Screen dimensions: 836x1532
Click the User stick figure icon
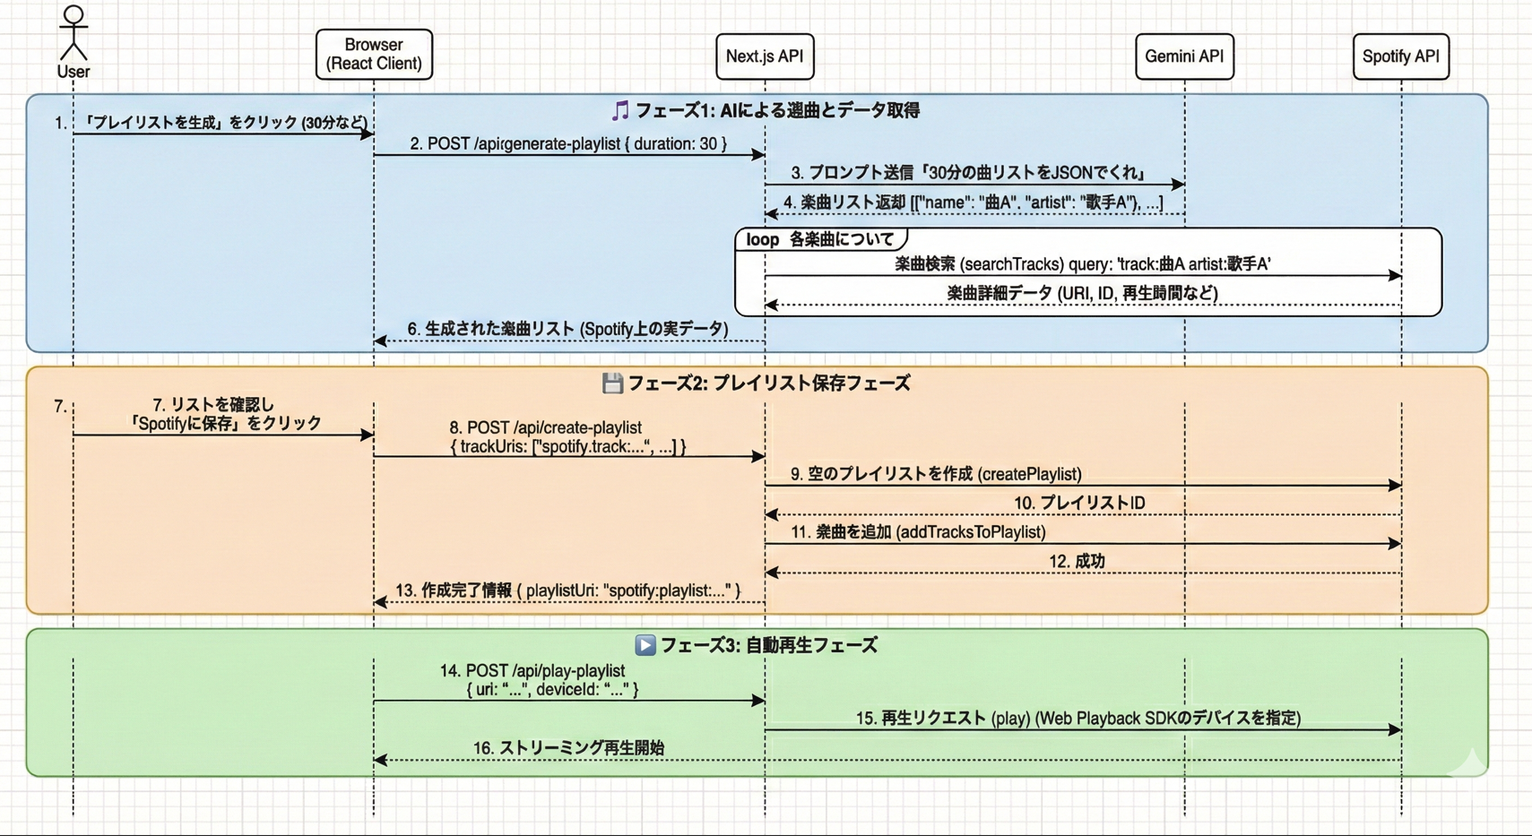(x=74, y=33)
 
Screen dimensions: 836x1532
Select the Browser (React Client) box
(x=374, y=55)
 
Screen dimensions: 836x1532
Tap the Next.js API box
(x=765, y=56)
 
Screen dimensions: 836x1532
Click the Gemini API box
(x=1184, y=56)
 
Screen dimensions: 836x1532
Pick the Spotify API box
(x=1400, y=56)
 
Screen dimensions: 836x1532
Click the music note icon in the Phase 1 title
(x=620, y=111)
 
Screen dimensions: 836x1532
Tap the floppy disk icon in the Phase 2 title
(x=612, y=384)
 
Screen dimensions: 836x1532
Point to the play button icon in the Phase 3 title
(x=645, y=645)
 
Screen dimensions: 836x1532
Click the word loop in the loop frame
(x=762, y=239)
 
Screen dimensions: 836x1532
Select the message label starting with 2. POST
(x=568, y=143)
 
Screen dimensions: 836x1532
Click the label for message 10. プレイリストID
(x=1079, y=503)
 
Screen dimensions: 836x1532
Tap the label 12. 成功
(x=1077, y=561)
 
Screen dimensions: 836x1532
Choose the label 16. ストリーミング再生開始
(x=568, y=747)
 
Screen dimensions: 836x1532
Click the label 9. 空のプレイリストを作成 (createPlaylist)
(x=935, y=474)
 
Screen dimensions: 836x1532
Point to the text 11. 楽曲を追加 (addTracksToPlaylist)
(x=918, y=532)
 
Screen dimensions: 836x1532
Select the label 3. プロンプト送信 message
(x=968, y=173)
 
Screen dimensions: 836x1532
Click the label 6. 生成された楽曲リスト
(x=567, y=329)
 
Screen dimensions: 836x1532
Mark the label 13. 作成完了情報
(x=568, y=590)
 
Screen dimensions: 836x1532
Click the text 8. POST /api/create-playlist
(x=545, y=428)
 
